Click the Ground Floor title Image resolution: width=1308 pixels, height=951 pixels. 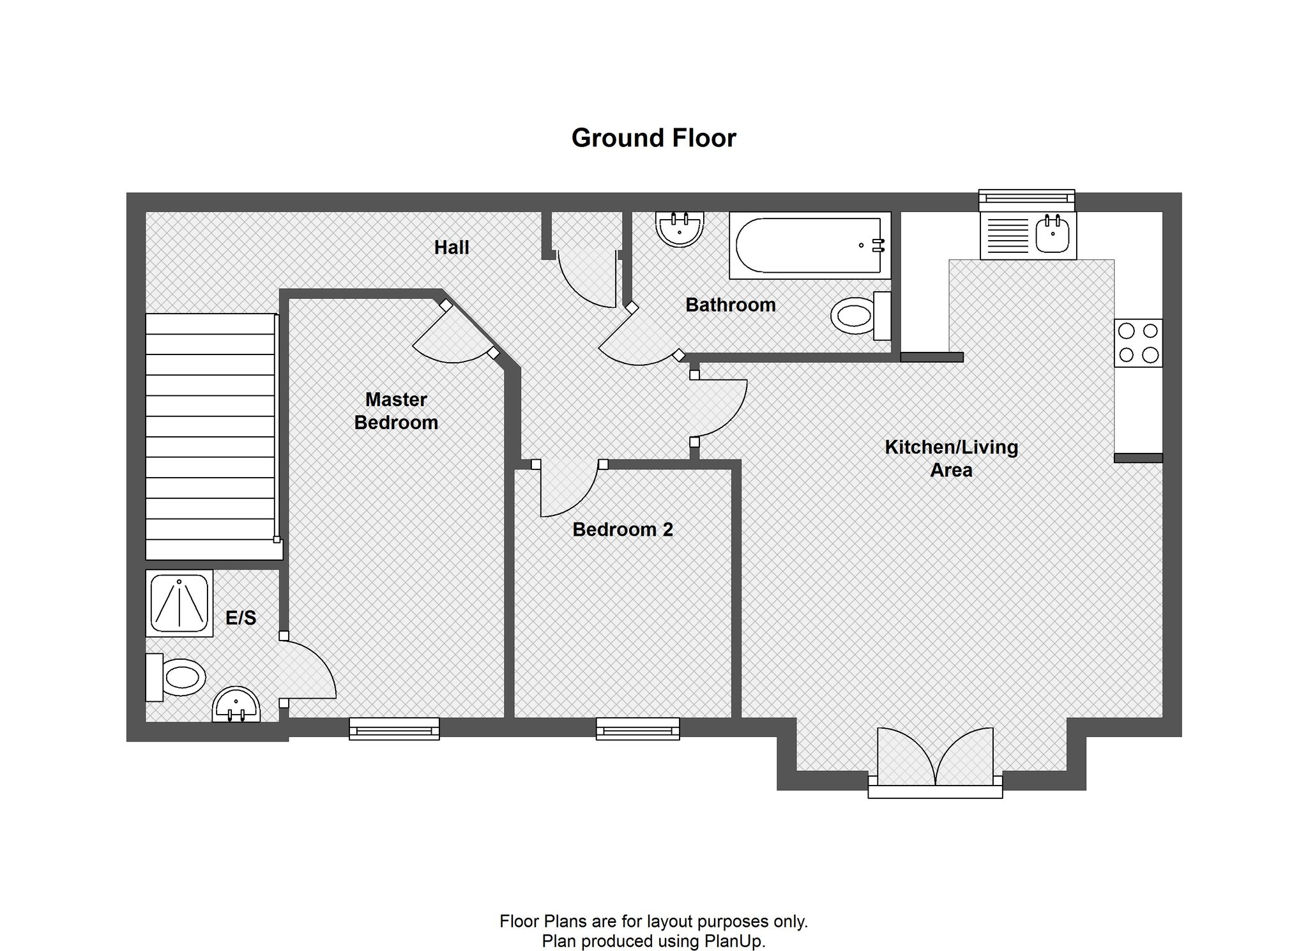(x=653, y=138)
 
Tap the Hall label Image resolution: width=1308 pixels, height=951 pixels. (x=452, y=248)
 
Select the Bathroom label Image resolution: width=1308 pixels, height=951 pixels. (x=731, y=305)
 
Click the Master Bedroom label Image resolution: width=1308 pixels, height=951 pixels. (x=396, y=411)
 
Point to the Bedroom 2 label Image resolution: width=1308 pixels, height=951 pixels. (x=623, y=529)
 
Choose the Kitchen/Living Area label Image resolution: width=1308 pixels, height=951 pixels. (x=952, y=459)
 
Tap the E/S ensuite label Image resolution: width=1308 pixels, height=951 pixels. (x=241, y=618)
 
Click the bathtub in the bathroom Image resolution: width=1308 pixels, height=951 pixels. (x=810, y=245)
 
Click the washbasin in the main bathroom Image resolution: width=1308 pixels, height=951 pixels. (x=680, y=229)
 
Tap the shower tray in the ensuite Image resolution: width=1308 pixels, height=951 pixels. (x=179, y=603)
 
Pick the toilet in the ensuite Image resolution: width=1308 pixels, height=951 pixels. (x=176, y=677)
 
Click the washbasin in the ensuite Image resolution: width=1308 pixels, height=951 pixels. (x=236, y=705)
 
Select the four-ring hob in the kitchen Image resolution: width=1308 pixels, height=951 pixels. (x=1138, y=343)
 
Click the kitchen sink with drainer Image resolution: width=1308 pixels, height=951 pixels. (x=1028, y=236)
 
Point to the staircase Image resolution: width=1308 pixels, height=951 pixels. (x=211, y=436)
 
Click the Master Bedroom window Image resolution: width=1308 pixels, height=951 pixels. (x=394, y=729)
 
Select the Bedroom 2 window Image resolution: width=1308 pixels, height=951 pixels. (x=637, y=729)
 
